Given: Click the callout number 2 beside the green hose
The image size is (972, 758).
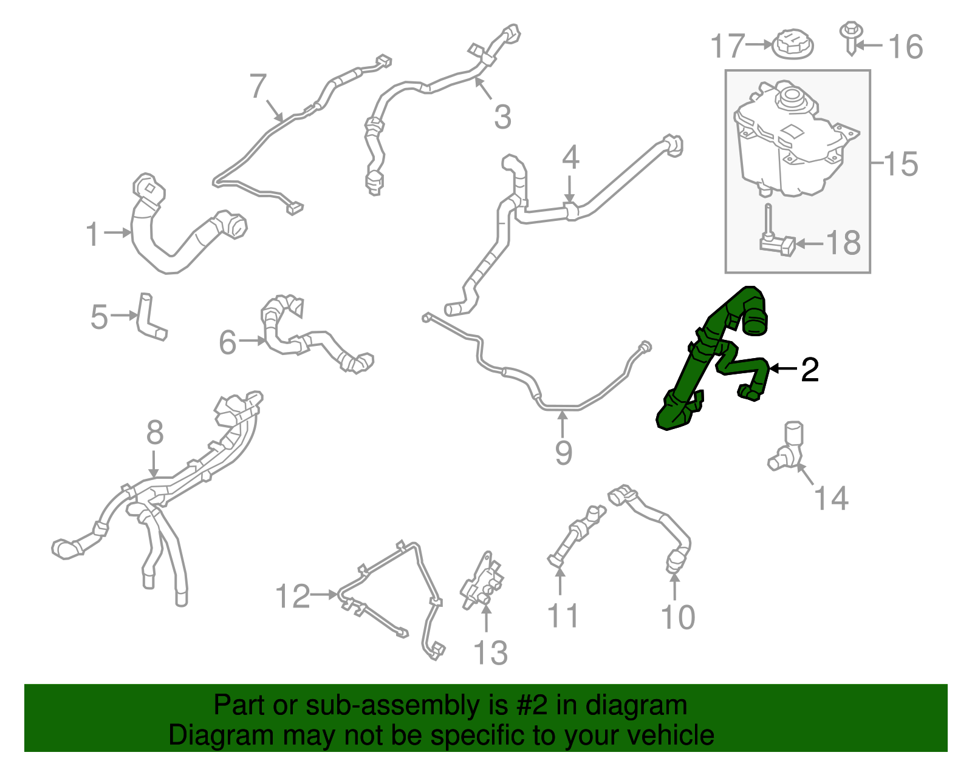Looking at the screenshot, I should click(810, 370).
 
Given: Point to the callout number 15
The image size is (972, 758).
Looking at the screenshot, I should click(901, 164).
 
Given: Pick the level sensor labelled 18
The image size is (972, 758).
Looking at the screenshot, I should click(775, 240).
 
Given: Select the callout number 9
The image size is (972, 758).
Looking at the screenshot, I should click(563, 452).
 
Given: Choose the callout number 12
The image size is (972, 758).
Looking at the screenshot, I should click(293, 596).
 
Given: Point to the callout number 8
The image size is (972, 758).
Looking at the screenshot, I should click(155, 433).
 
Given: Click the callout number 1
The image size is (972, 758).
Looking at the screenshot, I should click(92, 234).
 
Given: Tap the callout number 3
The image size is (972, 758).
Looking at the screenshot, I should click(502, 117).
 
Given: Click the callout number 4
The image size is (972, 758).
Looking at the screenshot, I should click(570, 158).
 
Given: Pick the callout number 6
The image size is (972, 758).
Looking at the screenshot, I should click(227, 342).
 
